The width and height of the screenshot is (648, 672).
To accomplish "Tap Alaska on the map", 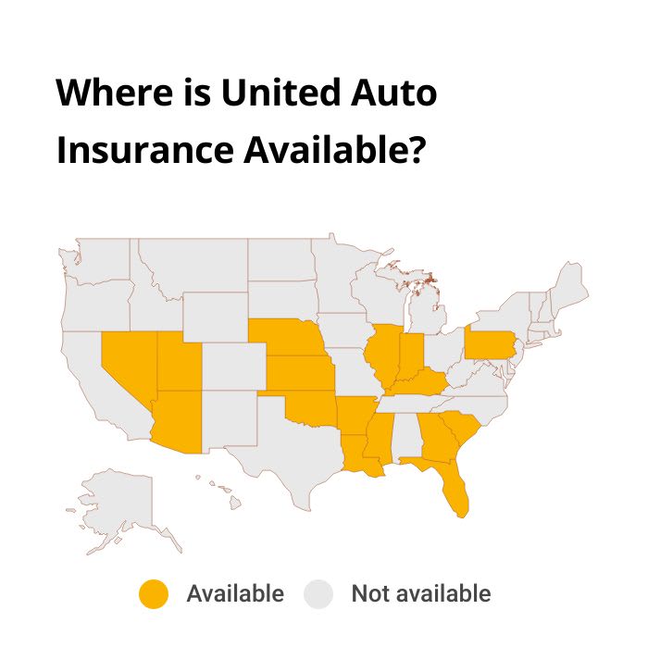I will click(120, 504).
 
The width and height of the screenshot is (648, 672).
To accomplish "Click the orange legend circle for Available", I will click(154, 594).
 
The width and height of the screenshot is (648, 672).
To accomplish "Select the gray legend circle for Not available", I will click(318, 594).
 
